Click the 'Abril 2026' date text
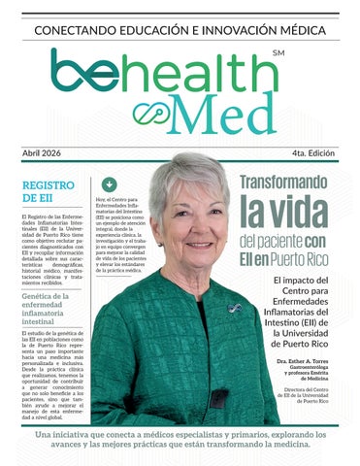pos(46,154)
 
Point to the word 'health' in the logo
pos(209,73)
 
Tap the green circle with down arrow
pos(109,183)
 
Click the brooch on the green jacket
pos(234,308)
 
